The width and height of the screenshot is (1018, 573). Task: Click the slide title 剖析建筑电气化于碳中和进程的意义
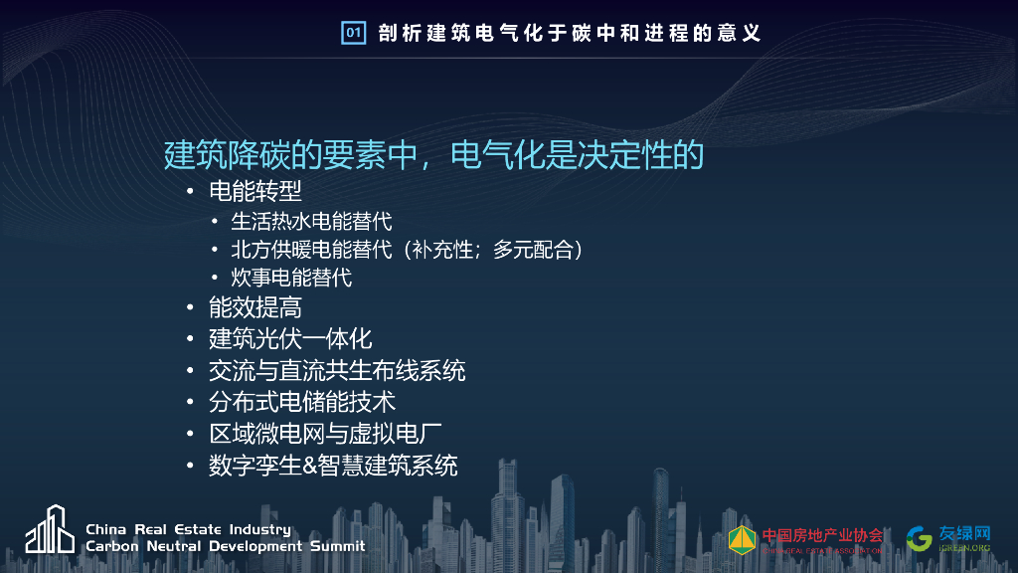tap(570, 33)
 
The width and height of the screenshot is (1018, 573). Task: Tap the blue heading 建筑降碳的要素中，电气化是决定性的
tap(433, 155)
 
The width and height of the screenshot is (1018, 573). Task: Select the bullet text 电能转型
tap(254, 191)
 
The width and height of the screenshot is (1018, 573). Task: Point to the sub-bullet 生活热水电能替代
tap(311, 221)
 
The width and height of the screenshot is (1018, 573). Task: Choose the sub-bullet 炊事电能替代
tap(291, 277)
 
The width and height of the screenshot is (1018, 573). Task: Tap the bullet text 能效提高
tap(254, 307)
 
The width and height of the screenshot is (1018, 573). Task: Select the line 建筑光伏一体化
tap(289, 338)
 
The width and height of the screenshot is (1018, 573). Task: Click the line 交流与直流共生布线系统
tap(336, 370)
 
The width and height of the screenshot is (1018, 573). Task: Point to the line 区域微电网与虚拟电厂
tap(325, 433)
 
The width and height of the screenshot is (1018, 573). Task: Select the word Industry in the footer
tap(259, 529)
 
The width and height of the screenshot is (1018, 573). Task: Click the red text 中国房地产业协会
tap(822, 534)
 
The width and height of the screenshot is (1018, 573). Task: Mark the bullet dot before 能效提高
tap(190, 308)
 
